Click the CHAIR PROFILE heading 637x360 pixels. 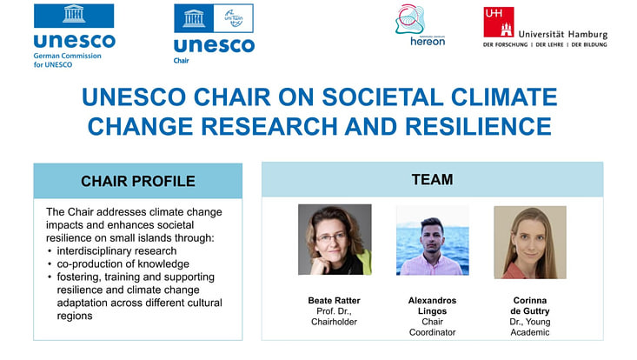[137, 181]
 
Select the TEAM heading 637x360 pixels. [432, 180]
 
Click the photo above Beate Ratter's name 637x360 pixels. [335, 240]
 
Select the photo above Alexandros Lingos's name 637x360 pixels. [432, 240]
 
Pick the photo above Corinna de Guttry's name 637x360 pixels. [529, 240]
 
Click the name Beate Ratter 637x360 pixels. [335, 300]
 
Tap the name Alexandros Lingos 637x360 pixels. [432, 305]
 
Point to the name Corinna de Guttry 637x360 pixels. [529, 305]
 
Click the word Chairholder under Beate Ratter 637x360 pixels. [335, 322]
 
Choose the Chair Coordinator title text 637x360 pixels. [432, 327]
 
